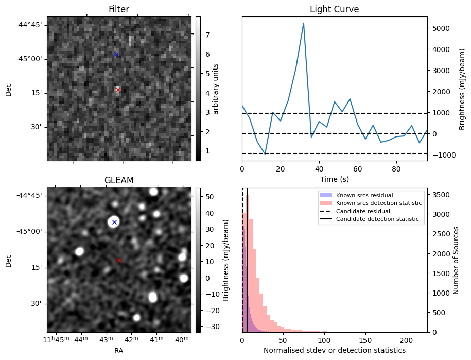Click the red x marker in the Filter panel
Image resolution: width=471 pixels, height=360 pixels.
[118, 90]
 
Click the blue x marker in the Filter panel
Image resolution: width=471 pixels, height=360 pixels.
[116, 54]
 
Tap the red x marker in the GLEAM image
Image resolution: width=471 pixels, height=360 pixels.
[119, 261]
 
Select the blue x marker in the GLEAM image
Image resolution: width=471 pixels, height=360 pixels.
[114, 222]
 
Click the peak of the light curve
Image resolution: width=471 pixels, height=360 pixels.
[304, 23]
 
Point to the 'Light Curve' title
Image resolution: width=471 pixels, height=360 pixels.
[334, 9]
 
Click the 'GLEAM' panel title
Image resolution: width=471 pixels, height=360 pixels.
[119, 180]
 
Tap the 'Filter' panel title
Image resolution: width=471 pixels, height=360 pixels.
[119, 9]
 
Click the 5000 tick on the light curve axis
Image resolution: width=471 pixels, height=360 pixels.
[438, 28]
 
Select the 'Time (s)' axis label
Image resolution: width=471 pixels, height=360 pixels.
[334, 179]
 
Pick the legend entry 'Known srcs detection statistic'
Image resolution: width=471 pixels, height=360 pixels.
[378, 203]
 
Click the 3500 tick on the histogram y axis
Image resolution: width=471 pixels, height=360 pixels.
[440, 195]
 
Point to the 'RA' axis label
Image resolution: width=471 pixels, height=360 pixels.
[119, 350]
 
